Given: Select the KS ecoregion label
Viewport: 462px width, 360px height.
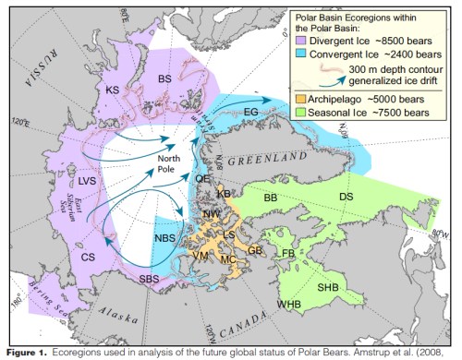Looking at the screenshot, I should pyautogui.click(x=112, y=90).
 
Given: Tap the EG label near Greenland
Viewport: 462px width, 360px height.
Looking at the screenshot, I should pyautogui.click(x=276, y=112).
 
